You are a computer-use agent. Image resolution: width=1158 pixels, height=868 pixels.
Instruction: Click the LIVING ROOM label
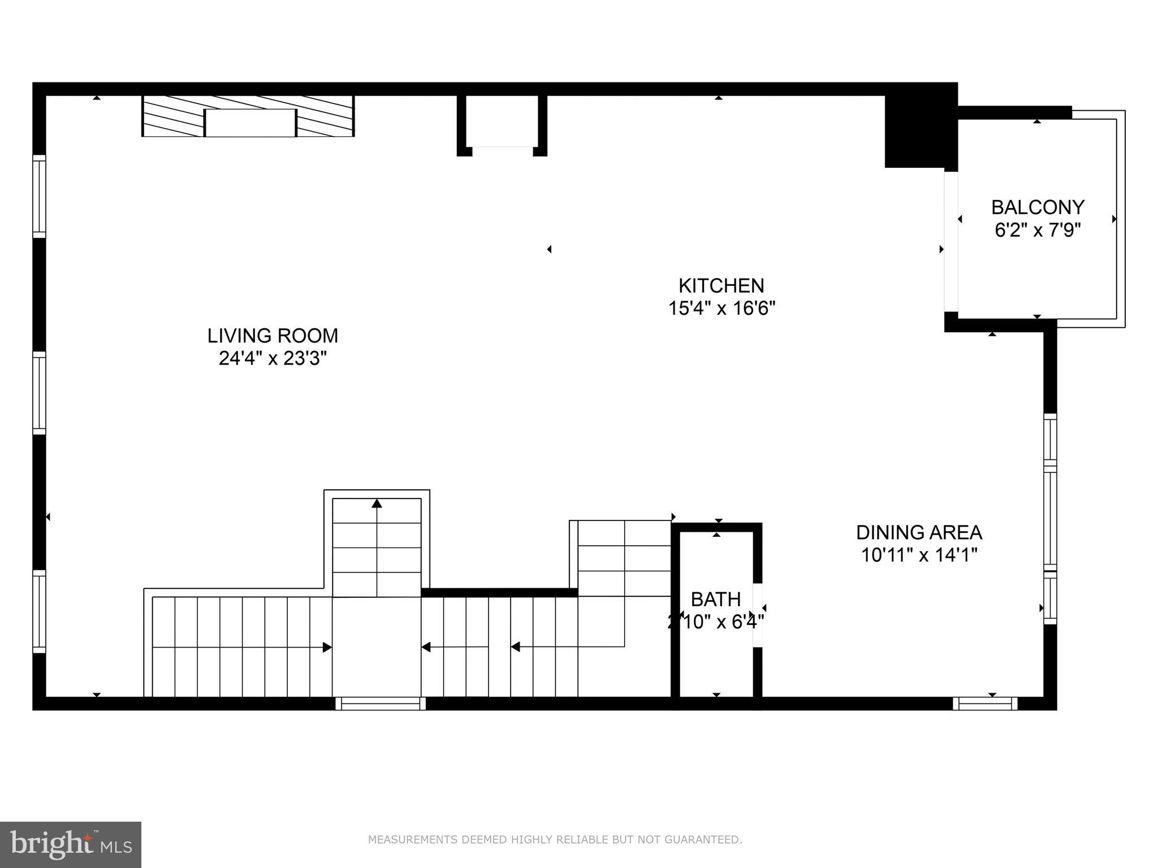(273, 336)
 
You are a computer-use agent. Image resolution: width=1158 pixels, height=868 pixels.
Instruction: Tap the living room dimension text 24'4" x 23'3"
(273, 358)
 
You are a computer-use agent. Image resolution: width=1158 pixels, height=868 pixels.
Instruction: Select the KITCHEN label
(721, 285)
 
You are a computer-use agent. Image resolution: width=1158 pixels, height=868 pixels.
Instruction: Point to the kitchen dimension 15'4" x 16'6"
(721, 309)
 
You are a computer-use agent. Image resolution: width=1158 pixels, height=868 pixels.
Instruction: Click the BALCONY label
(1038, 207)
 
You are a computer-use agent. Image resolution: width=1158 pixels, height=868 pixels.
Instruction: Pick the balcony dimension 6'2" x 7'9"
(1038, 231)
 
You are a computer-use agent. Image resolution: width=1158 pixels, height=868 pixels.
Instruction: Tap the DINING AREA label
(919, 532)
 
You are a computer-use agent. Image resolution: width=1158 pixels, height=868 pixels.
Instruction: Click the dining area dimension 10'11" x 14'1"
(919, 555)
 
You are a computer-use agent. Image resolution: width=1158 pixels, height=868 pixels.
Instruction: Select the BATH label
(715, 599)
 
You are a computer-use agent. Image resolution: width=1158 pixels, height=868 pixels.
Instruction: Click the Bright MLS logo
(71, 844)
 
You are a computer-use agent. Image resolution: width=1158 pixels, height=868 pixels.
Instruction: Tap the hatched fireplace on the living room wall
(248, 116)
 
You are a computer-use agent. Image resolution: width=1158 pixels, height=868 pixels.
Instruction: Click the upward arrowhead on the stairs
(377, 503)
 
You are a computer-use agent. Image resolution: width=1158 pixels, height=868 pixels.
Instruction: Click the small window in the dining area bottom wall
(985, 704)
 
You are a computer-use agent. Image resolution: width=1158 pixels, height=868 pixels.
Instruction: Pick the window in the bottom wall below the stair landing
(380, 704)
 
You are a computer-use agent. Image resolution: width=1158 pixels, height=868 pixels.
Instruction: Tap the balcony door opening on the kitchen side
(951, 241)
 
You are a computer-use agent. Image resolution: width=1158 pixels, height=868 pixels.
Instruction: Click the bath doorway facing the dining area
(758, 615)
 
